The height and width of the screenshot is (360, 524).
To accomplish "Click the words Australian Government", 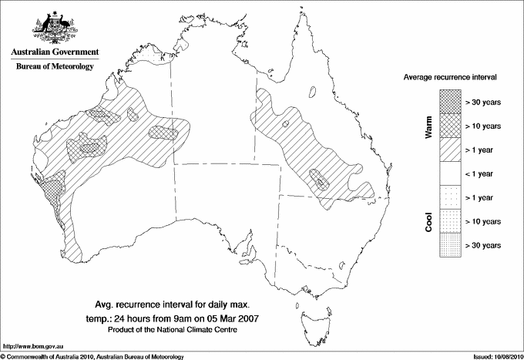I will click(54, 52).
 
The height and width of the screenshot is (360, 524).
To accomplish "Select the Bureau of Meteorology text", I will click(54, 66).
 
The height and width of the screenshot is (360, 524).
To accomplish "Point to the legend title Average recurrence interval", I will click(455, 78).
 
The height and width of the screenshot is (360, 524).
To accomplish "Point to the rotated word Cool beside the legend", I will click(428, 220).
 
